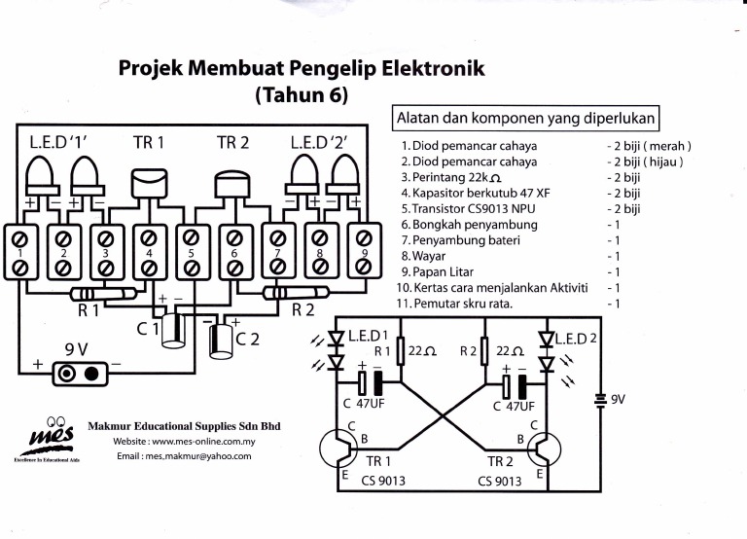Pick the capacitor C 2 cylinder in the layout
tap(221, 341)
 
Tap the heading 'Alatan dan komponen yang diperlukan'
tap(526, 118)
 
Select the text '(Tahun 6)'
tap(301, 96)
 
